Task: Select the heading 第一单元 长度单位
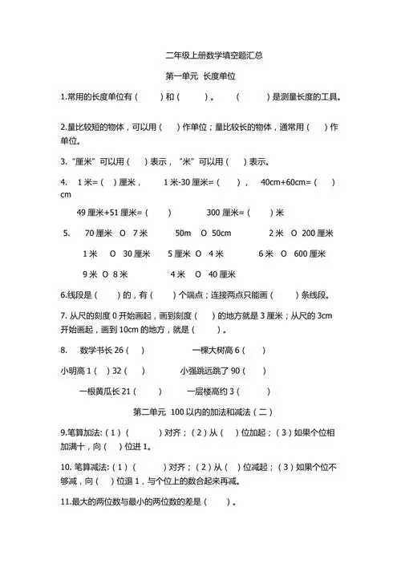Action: coord(203,77)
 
